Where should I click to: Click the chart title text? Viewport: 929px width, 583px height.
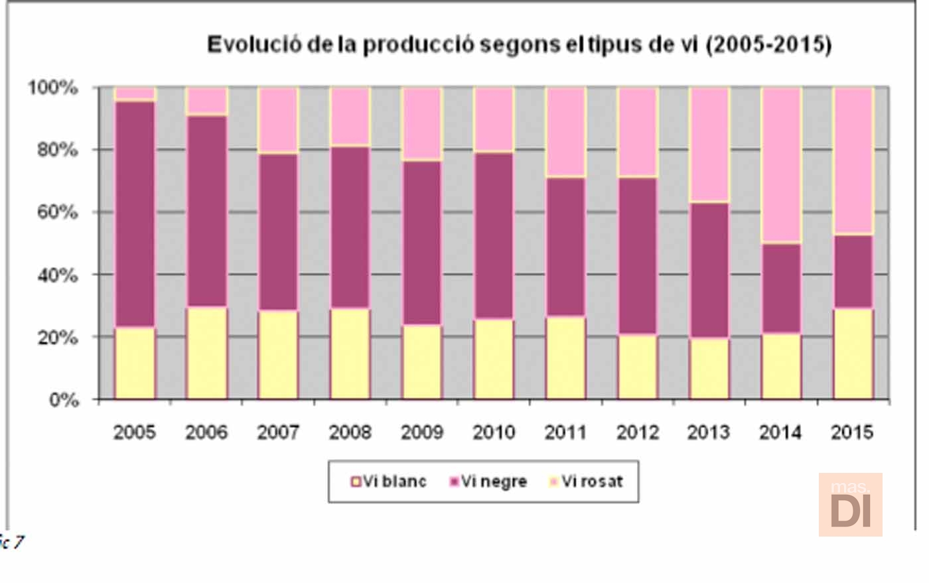click(x=519, y=45)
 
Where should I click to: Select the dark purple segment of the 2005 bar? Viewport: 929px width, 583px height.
click(x=135, y=214)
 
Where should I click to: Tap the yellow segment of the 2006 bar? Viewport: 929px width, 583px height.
click(x=206, y=353)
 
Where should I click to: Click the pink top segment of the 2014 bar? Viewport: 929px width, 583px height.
click(x=781, y=164)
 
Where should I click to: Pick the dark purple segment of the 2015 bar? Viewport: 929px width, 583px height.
click(x=853, y=271)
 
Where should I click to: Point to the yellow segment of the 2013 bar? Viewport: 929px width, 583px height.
click(x=709, y=369)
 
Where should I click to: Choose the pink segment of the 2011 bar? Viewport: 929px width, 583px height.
click(x=565, y=132)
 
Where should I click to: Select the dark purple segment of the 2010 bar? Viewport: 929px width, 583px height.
click(x=494, y=235)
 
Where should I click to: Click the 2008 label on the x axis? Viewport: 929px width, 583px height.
click(x=350, y=432)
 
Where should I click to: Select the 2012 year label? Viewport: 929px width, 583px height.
click(x=637, y=432)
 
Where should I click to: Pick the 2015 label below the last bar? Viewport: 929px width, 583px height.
click(x=852, y=432)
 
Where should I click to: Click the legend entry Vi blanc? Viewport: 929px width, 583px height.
click(x=389, y=482)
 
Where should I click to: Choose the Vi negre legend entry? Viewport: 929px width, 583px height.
click(x=488, y=482)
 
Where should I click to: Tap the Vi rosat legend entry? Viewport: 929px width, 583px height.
click(x=586, y=482)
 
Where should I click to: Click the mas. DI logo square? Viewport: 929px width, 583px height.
click(x=850, y=504)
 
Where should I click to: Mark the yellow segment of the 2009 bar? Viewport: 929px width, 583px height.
click(x=422, y=361)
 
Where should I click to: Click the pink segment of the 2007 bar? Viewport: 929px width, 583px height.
click(x=278, y=120)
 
